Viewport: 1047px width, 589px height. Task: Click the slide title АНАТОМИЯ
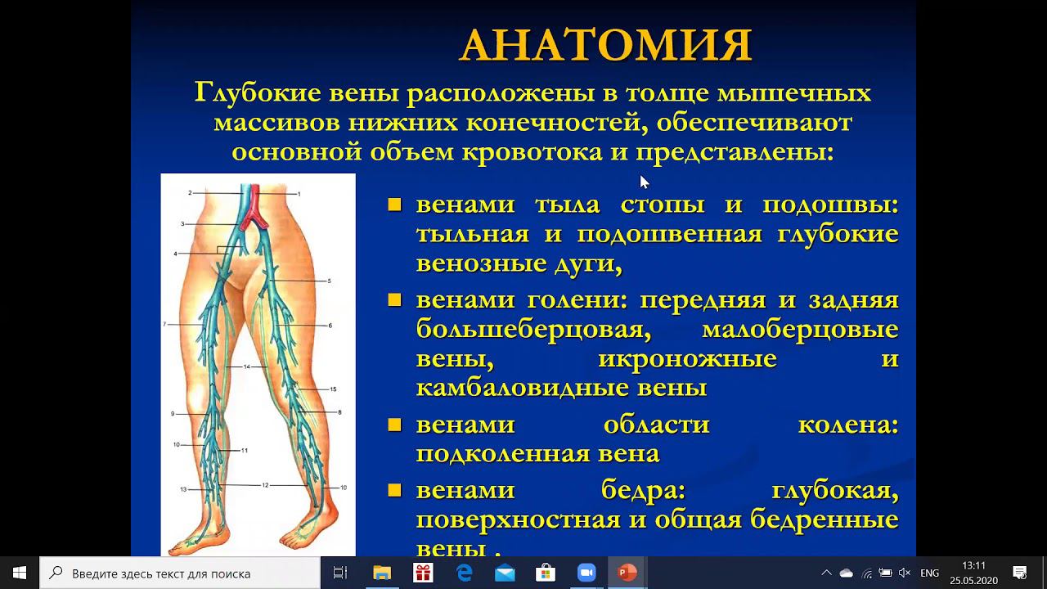coord(605,45)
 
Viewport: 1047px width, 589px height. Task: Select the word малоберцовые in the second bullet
coord(800,330)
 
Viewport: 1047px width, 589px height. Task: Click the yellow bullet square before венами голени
coord(395,300)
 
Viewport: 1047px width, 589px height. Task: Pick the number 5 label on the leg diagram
coord(329,281)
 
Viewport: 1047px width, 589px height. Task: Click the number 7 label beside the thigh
coord(164,325)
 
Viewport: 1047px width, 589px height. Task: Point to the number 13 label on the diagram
coord(183,489)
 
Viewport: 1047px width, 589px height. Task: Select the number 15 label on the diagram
coord(333,389)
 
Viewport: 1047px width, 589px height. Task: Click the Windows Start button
coord(20,573)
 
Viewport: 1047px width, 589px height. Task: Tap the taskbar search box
coord(180,573)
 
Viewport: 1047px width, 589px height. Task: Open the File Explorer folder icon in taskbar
coord(381,573)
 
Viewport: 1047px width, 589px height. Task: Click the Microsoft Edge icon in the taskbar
coord(464,573)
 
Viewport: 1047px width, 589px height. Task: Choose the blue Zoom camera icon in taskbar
coord(586,573)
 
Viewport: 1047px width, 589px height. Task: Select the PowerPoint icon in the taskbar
coord(627,573)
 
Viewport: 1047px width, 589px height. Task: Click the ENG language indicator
coord(929,573)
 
